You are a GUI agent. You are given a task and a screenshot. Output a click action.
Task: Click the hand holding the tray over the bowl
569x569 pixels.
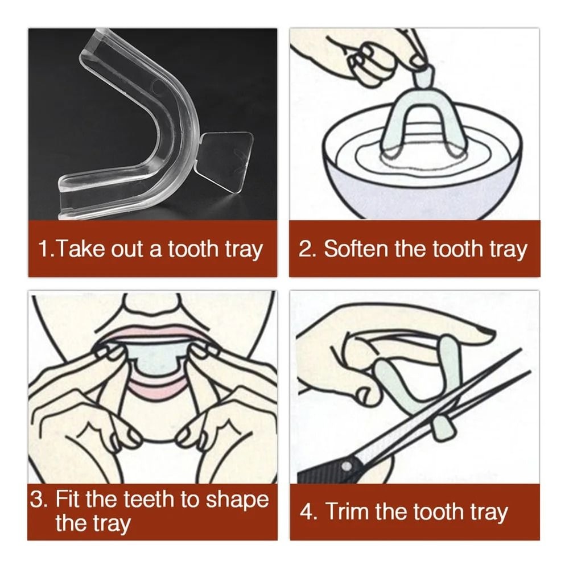(x=376, y=54)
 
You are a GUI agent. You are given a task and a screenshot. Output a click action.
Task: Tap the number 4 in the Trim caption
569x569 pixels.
(x=307, y=512)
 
